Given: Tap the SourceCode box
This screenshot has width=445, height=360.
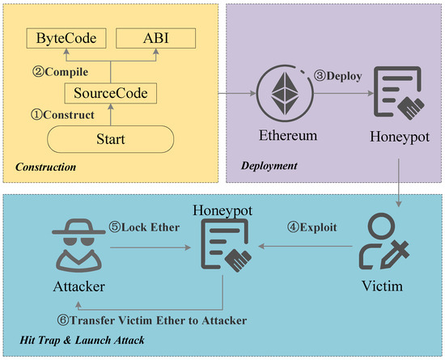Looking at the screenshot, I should [x=110, y=95].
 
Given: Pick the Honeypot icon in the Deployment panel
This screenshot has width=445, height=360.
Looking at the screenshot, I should [x=396, y=95].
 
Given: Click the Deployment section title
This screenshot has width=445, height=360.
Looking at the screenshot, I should [x=269, y=165].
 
